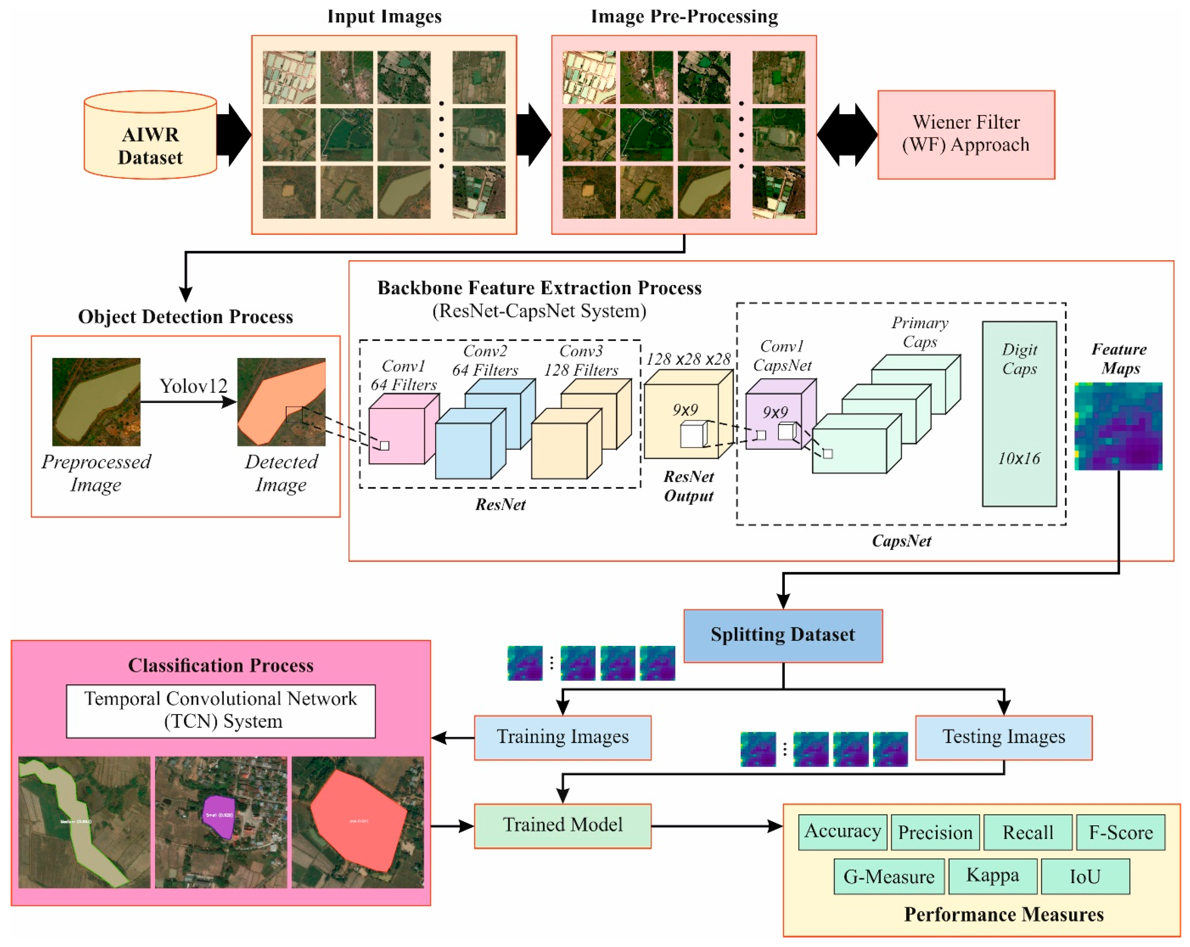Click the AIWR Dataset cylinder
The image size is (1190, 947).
(150, 138)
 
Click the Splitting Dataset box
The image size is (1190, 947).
(783, 635)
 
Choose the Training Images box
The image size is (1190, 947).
(562, 737)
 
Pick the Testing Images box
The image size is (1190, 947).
(1004, 737)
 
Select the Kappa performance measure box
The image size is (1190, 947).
(992, 876)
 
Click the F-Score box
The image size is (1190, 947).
(1121, 832)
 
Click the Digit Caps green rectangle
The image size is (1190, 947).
(1019, 414)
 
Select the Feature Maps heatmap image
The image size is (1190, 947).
(1118, 426)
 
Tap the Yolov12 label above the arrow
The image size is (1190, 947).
(193, 386)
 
